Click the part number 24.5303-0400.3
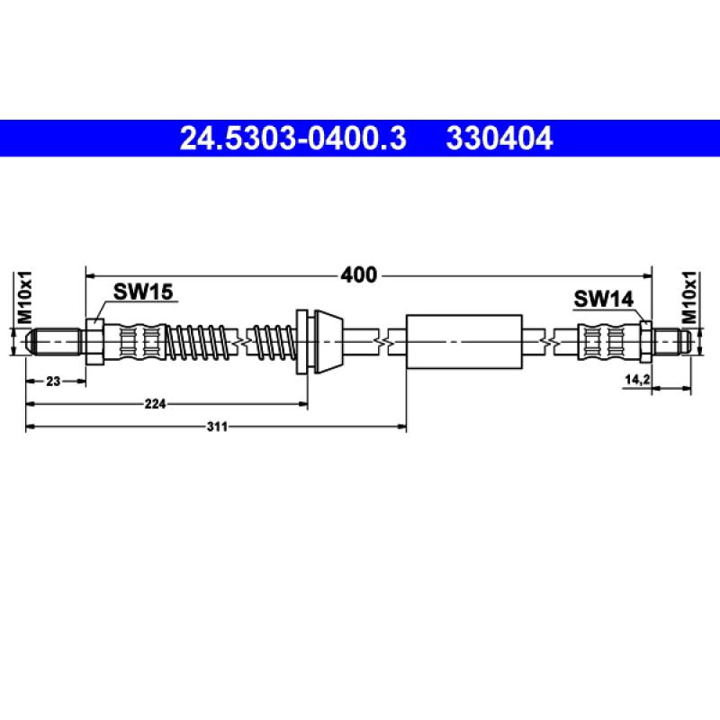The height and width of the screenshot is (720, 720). coord(293,139)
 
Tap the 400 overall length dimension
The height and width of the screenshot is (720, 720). coord(359,274)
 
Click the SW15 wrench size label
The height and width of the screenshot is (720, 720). coord(143,291)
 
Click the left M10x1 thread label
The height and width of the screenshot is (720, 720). coord(26,299)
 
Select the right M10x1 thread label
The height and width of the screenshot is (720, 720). coord(691,299)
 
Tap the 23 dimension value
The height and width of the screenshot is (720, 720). coord(53,382)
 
